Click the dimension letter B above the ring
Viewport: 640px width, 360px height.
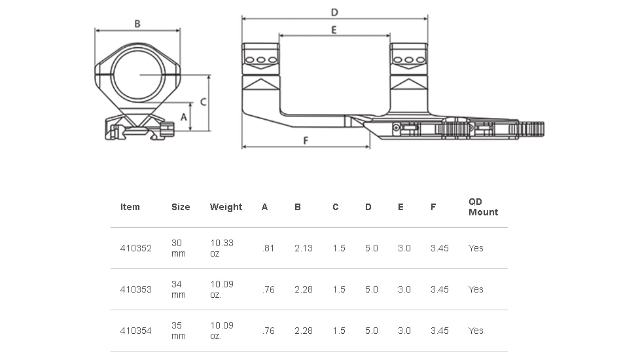point(137,24)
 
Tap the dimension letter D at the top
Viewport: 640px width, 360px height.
point(334,12)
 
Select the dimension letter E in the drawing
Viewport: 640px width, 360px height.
point(334,30)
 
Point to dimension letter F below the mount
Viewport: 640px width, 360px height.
point(306,140)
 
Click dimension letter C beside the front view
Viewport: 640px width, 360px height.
point(204,102)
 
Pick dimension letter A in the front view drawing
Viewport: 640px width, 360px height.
point(184,117)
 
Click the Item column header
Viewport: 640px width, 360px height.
point(130,207)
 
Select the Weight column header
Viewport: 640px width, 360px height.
point(226,207)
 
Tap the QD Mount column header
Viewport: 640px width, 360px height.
point(483,207)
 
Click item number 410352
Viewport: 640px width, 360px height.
point(136,248)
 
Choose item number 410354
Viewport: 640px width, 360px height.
point(136,331)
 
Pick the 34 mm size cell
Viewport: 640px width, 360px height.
point(179,289)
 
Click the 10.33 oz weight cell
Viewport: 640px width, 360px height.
point(222,248)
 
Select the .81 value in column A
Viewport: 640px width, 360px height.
point(268,248)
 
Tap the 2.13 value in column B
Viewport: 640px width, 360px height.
point(304,248)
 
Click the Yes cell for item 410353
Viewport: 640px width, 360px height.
point(476,289)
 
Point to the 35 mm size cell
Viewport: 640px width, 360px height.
point(179,331)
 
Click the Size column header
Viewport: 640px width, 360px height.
point(181,207)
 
